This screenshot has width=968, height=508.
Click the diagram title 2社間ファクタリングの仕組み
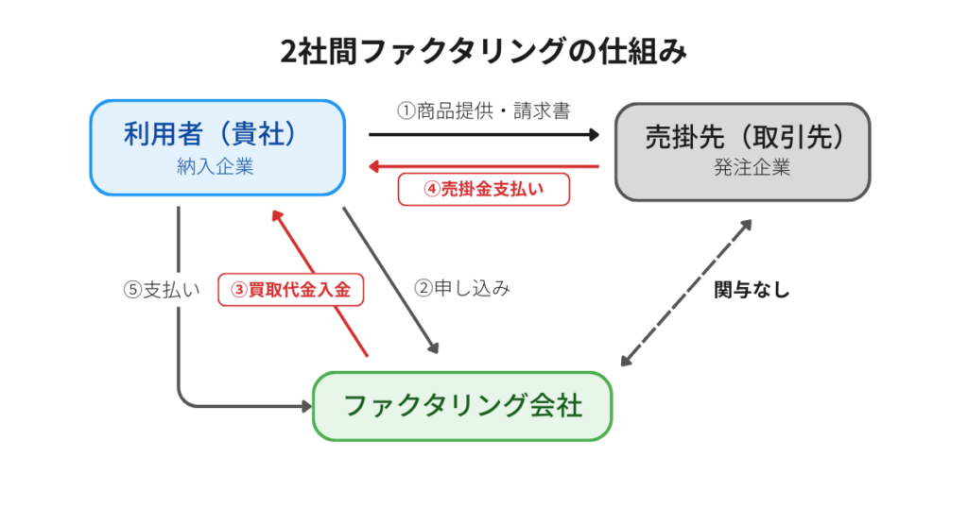pos(483,51)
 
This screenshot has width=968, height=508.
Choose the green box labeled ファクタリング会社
pos(462,406)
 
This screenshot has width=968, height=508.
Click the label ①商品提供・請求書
pos(483,111)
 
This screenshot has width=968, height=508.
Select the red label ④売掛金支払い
pos(484,189)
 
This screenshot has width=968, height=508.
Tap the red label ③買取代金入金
pos(292,290)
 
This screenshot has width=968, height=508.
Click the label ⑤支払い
pos(162,290)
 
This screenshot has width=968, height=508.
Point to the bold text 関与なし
pos(752,290)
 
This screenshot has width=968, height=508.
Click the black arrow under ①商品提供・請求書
pos(483,135)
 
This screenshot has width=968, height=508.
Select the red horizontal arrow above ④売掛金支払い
pos(483,166)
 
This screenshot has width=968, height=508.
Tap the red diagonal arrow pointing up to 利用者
pos(319,283)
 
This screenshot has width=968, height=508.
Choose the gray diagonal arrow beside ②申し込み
pos(390,279)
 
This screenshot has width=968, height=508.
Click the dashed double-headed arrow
pos(686,293)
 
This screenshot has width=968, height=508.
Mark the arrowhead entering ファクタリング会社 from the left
pos(305,406)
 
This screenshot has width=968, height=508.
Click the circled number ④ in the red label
pos(432,189)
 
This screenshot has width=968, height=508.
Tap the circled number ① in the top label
pos(406,111)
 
